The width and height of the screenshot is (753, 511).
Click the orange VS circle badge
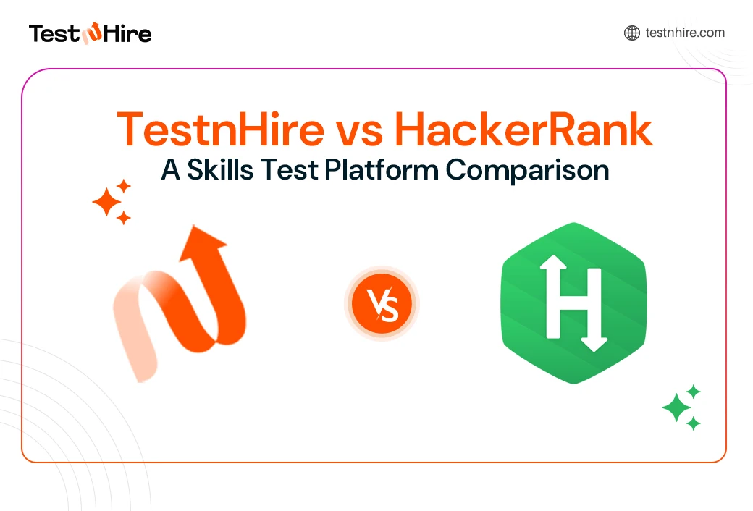tap(382, 303)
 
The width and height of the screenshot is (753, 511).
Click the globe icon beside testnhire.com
tap(632, 33)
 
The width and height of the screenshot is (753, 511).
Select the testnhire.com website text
tap(685, 33)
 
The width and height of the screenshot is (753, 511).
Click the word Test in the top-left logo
tap(54, 33)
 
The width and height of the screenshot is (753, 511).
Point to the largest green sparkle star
tap(676, 408)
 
